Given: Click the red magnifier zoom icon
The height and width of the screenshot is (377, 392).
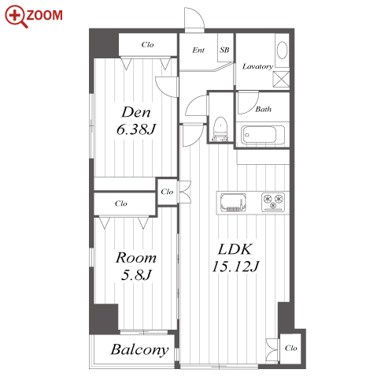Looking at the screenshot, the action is pos(15,15).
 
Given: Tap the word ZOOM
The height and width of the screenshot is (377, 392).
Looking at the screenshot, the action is pos(44,15).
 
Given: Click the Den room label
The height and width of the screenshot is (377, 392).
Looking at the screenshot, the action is pos(136,112).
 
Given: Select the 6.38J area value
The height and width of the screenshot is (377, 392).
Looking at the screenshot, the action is pos(136,129).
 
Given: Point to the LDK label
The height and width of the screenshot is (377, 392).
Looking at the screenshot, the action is pos(235,249).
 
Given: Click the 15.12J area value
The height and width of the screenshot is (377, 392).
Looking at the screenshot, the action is pos(235,267).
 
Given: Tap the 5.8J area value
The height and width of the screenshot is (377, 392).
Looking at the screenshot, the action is pos(136,274).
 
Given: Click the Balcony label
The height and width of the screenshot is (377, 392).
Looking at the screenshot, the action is pos(139,350).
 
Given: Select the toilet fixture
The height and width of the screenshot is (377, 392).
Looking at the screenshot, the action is pos(220,129).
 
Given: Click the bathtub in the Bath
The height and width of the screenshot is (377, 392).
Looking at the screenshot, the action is pos(263,135).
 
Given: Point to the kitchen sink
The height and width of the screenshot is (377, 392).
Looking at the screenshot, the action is pos(233,202).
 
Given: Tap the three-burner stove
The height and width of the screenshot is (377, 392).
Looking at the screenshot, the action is pos(273,202).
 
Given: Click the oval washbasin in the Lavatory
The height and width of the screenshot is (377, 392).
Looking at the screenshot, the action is pos(283,50).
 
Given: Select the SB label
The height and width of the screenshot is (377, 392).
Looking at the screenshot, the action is pos(224,50).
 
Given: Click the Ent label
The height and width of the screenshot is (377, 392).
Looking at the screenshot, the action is pos(198,50).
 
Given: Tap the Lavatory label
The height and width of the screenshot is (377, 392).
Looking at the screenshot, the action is pos(257,66).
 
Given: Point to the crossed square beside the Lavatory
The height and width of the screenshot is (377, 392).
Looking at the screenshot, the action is pos(281,79).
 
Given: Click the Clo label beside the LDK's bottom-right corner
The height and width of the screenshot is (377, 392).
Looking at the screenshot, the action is pos(291,348).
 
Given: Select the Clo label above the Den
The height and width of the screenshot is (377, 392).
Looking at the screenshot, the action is pos(147,44).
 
